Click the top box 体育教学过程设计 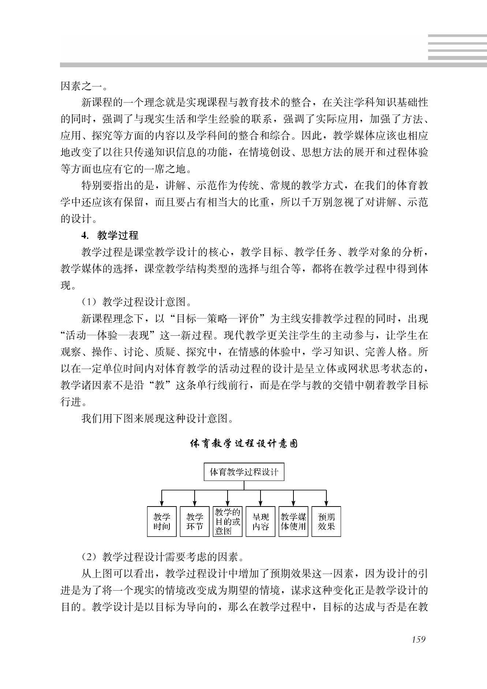244,472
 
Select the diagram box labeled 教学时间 162,522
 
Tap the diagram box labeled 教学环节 195,522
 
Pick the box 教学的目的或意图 228,522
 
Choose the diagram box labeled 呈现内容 261,522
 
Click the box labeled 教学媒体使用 293,522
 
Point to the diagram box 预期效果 326,522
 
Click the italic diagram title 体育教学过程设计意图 244,444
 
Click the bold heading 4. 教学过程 110,236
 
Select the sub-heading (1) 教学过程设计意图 136,302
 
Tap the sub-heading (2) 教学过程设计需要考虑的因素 162,557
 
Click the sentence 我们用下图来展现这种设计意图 157,418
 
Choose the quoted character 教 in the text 160,385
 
